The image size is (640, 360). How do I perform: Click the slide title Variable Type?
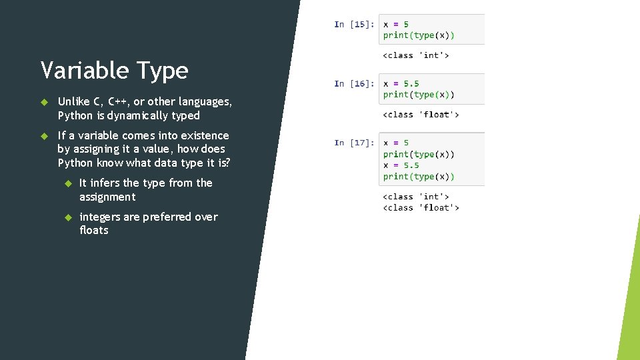(114, 70)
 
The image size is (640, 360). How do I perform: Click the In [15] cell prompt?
(353, 25)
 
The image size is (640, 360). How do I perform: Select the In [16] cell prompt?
(353, 84)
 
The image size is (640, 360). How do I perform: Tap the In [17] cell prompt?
(353, 143)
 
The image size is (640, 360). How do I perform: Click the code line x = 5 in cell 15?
(396, 25)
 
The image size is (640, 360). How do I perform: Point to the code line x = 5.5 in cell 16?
(401, 84)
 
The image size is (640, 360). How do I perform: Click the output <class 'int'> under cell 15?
(415, 55)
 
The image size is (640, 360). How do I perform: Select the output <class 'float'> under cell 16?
(421, 115)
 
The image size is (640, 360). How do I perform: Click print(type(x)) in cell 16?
(419, 95)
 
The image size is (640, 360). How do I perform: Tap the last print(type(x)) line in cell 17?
(419, 177)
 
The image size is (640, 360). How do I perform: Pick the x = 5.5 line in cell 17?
(401, 165)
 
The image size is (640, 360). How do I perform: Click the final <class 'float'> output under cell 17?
(421, 208)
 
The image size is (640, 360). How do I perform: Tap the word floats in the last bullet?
(93, 230)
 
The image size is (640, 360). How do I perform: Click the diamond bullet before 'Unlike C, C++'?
(45, 102)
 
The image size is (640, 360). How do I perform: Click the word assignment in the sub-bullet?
(107, 197)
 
